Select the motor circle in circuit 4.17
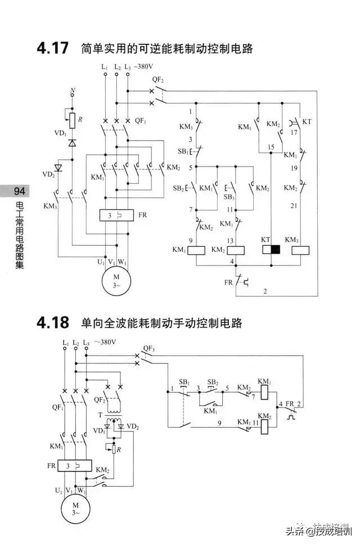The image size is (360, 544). (x=116, y=278)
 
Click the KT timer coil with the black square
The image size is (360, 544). (x=271, y=250)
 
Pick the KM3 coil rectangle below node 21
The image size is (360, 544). (x=301, y=250)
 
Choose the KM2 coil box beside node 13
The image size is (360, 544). (x=234, y=250)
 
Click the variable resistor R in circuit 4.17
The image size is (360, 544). (x=72, y=119)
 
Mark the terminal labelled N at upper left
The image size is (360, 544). (x=72, y=91)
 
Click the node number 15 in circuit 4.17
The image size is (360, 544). (x=271, y=147)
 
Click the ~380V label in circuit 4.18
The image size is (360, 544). (x=106, y=341)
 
